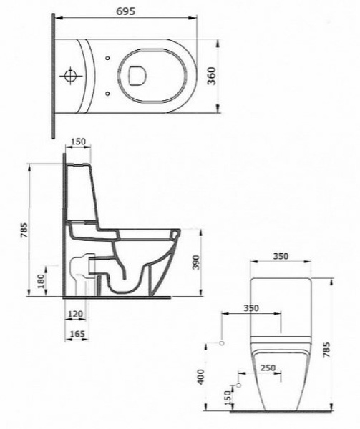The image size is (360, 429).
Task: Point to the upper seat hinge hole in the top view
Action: [107, 57]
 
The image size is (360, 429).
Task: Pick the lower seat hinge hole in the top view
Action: [107, 92]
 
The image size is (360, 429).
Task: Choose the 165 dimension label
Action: [77, 333]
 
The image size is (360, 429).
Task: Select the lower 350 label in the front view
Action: [250, 307]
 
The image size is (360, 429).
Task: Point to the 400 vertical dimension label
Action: [201, 375]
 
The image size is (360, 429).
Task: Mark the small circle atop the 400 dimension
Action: [221, 344]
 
